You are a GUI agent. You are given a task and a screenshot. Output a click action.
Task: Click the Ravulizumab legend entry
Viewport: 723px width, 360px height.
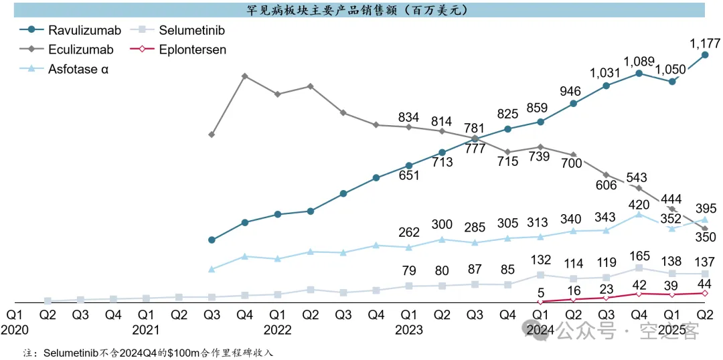84,30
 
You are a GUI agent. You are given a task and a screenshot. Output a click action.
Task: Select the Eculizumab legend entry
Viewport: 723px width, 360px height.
80,50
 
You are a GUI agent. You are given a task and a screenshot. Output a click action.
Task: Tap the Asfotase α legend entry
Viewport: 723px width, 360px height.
78,69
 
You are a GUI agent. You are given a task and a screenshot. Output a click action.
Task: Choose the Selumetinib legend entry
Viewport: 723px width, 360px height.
191,30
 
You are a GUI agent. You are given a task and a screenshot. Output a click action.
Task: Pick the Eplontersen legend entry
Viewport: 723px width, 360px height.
193,50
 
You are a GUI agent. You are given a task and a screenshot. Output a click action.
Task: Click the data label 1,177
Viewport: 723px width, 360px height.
705,44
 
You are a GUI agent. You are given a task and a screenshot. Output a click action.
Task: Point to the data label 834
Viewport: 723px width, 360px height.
408,118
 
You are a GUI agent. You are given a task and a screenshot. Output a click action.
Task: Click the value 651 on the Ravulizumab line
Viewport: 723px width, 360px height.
408,176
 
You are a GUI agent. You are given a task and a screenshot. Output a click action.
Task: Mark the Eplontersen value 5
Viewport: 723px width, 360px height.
540,291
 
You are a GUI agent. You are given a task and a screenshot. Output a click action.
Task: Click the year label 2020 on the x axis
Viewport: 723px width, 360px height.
15,329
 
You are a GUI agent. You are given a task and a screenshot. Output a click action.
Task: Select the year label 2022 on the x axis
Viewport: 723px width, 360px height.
277,329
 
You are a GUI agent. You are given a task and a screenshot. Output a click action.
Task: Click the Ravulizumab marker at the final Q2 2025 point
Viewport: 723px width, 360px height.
705,56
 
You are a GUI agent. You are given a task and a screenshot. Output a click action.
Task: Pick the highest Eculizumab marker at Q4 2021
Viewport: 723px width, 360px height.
245,76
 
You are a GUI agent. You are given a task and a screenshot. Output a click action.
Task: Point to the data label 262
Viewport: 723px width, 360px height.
408,232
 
